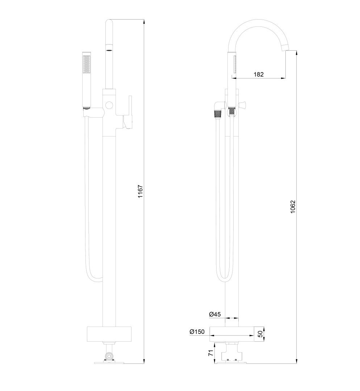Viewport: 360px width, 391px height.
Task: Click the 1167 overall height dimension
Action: (141, 191)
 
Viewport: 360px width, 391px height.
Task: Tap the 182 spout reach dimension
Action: (259, 74)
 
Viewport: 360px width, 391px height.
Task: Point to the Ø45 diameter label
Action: (215, 315)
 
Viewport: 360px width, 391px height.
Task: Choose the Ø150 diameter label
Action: (197, 332)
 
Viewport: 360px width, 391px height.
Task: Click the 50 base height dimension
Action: (260, 334)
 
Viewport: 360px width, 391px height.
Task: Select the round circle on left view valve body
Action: (109, 105)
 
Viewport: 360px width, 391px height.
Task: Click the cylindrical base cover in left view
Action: (109, 334)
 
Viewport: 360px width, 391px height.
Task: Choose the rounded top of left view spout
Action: (109, 22)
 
